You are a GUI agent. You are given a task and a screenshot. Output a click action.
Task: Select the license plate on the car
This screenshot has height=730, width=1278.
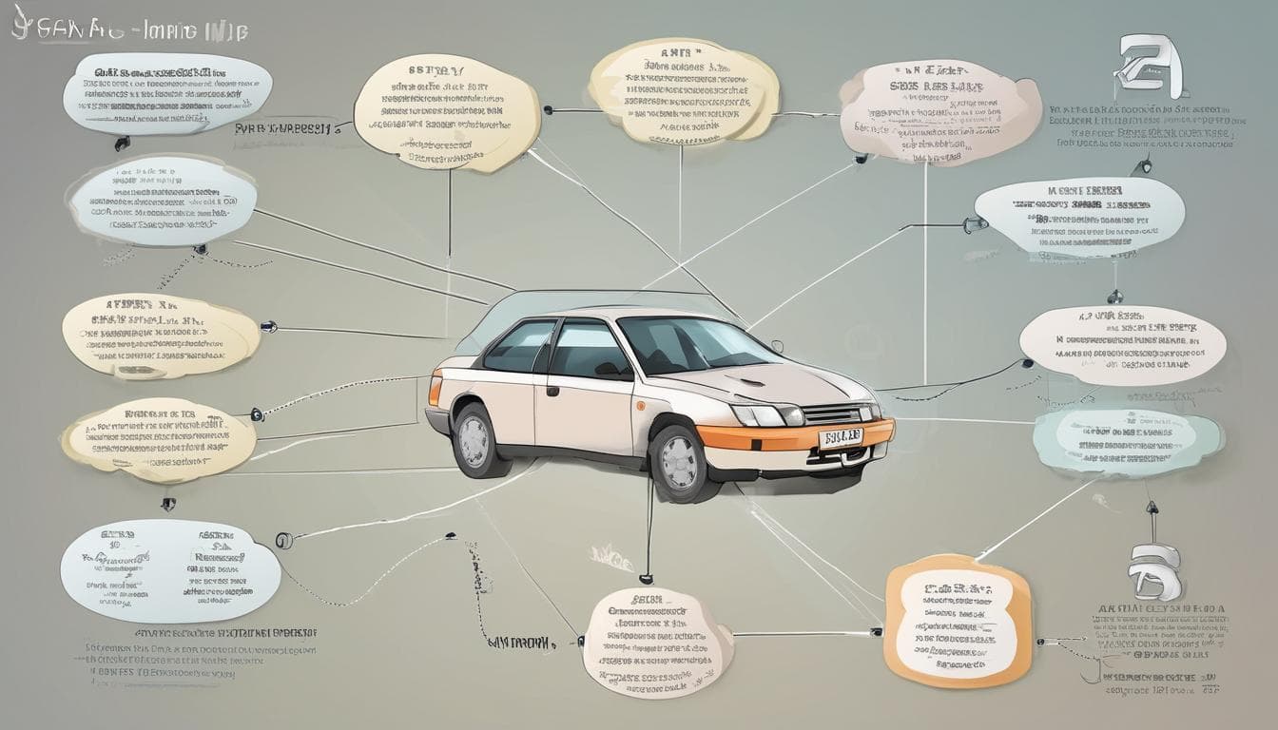pyautogui.click(x=841, y=436)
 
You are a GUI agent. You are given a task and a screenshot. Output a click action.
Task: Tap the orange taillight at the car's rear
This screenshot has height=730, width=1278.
pyautogui.click(x=436, y=390)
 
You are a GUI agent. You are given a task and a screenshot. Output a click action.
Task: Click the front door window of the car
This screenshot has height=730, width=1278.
pyautogui.click(x=587, y=350)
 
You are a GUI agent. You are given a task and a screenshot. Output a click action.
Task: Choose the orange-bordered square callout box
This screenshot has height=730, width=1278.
pyautogui.click(x=957, y=620)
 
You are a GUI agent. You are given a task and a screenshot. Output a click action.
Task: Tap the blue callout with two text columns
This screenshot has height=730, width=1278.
pyautogui.click(x=170, y=570)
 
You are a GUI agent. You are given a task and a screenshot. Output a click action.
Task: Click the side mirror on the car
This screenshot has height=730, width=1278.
pyautogui.click(x=777, y=347)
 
